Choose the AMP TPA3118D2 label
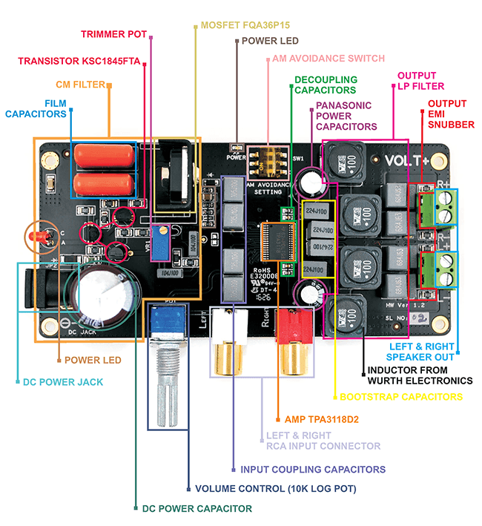coord(317,419)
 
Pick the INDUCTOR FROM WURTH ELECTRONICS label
coord(420,375)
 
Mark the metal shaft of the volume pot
coord(168,391)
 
